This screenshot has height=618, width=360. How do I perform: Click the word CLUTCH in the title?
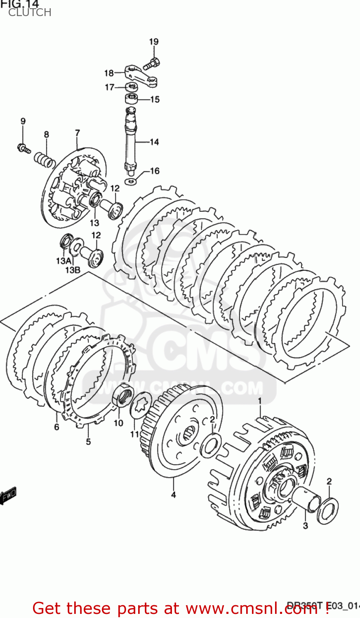coord(30,13)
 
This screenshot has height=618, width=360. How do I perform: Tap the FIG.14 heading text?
coord(20,4)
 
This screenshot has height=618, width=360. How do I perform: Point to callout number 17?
coord(109,87)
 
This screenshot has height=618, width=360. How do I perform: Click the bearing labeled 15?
coord(132,99)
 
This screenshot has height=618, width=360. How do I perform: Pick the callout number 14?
coord(154,142)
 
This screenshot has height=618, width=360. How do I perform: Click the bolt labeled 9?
coord(24,148)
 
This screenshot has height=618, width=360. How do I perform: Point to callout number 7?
coord(77,133)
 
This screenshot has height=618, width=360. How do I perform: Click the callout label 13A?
coord(64,261)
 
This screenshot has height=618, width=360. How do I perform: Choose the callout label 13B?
coord(73,270)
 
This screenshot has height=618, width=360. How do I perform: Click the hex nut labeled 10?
coord(122,396)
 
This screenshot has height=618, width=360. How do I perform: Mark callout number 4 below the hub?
coord(174,495)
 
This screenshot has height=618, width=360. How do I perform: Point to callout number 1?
coord(260,401)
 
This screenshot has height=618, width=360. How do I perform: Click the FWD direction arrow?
coord(8,496)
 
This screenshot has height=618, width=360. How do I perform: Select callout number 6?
coord(56,427)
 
